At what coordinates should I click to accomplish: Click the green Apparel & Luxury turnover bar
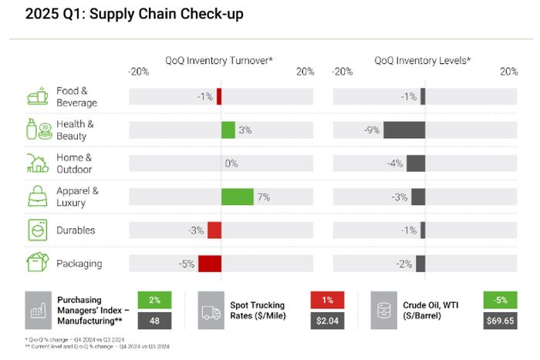coord(237,197)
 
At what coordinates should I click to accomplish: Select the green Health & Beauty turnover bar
coord(228,130)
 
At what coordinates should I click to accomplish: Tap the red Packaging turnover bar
coord(210,264)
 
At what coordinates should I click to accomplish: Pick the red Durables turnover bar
coord(214,230)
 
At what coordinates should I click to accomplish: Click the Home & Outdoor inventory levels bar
coord(416,163)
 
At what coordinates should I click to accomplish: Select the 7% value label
coord(263,197)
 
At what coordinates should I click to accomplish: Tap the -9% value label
coord(372,130)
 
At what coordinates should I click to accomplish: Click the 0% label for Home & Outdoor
coord(231,163)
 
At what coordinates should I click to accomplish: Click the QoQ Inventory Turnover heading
coord(218,59)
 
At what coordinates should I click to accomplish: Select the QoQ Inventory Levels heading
coord(423,59)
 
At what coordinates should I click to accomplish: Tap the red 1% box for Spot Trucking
coord(327,300)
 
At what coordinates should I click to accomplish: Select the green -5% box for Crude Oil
coord(500,300)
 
